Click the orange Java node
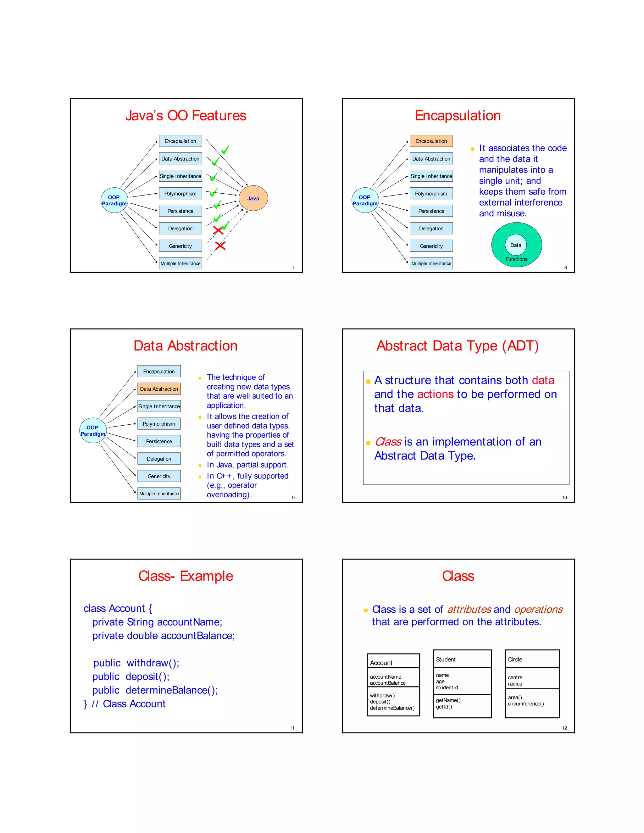click(x=253, y=198)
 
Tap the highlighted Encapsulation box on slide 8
click(x=431, y=141)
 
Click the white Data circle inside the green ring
click(x=516, y=245)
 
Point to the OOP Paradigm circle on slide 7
click(x=114, y=200)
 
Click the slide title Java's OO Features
click(x=186, y=116)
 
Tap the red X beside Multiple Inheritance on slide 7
click(x=220, y=245)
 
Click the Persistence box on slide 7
click(x=180, y=211)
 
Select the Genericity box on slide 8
click(x=431, y=246)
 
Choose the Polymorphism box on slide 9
click(x=159, y=424)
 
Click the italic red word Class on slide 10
click(x=388, y=442)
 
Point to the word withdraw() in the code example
click(x=153, y=663)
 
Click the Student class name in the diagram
click(x=446, y=659)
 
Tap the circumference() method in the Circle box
click(x=526, y=704)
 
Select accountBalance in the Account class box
click(x=388, y=683)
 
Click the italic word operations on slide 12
click(x=538, y=610)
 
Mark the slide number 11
click(x=292, y=728)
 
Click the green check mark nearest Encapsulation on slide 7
click(x=225, y=150)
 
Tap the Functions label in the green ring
click(x=517, y=259)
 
